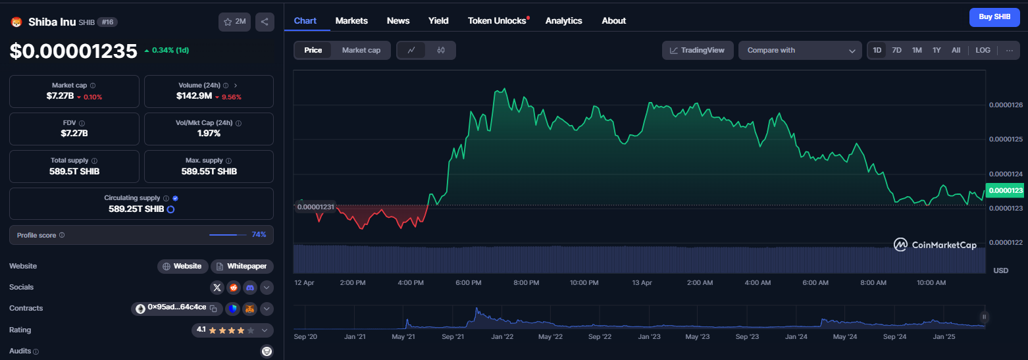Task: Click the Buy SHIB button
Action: (994, 17)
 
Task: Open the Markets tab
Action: (351, 20)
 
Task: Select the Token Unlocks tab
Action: (497, 20)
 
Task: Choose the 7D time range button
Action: (896, 50)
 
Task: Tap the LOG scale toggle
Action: (983, 50)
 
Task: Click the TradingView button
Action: (697, 50)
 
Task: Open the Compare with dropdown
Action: (800, 50)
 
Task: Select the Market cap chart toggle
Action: (361, 50)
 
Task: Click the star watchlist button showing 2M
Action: (234, 22)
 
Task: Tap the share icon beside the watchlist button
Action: (265, 22)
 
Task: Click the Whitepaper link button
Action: (242, 267)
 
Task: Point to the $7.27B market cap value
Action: (60, 96)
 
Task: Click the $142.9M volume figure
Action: (193, 96)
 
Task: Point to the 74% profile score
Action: (259, 235)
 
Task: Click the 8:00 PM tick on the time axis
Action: (526, 283)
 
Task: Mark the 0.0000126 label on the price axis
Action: (1006, 105)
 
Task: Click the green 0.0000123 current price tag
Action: (1006, 191)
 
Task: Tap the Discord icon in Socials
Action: (249, 288)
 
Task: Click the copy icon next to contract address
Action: (213, 309)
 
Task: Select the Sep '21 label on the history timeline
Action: (453, 336)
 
